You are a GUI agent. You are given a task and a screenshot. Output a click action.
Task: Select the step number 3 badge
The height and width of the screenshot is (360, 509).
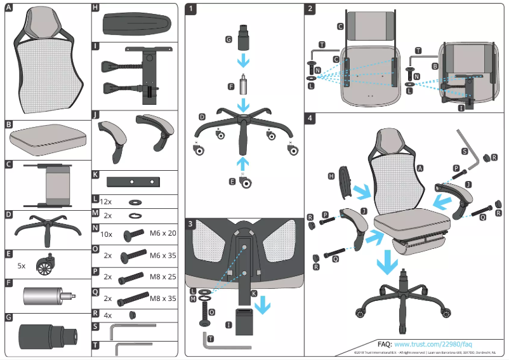[x=192, y=223]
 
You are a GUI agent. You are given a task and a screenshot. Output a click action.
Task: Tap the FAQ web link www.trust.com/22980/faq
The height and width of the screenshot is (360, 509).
[x=433, y=343]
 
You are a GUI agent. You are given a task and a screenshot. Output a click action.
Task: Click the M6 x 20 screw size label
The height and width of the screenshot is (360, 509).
[x=162, y=234]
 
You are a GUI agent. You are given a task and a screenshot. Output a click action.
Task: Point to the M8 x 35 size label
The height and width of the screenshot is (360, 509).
[x=162, y=298]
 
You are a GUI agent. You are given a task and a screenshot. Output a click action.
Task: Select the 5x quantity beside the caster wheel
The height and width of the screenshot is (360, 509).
[x=22, y=265]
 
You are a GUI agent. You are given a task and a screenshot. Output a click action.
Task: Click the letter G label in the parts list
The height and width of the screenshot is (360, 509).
[x=8, y=316]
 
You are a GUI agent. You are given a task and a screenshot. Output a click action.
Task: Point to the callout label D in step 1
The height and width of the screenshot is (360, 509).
[x=202, y=117]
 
